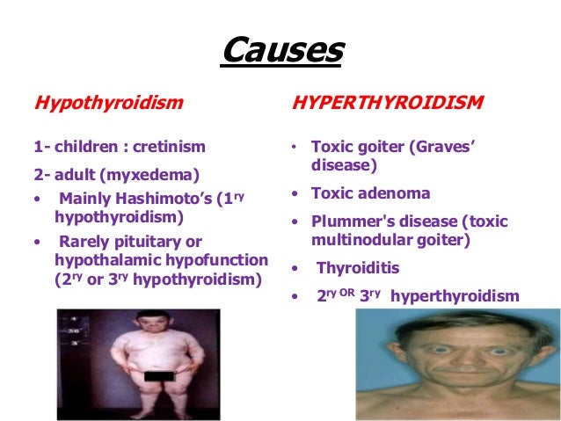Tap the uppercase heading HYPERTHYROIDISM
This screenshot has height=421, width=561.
(x=386, y=102)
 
